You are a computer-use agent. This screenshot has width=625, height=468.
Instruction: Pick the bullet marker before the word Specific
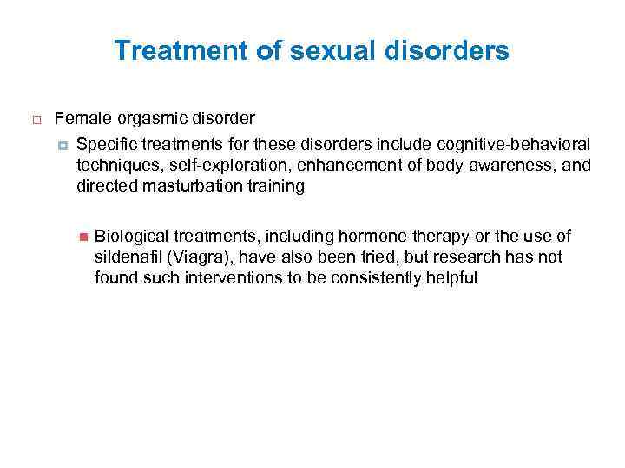pos(63,142)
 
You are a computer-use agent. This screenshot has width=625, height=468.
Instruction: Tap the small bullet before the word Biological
pos(83,237)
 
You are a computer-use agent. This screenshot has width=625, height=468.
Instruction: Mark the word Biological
pos(131,236)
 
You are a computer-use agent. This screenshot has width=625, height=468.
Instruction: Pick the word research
pos(437,257)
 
